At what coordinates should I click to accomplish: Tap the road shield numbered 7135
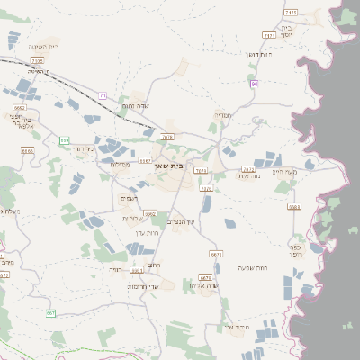(x=37, y=60)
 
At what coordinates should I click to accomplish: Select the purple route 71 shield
(x=103, y=95)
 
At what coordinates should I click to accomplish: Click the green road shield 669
(x=64, y=140)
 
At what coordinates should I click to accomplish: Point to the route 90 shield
(x=255, y=83)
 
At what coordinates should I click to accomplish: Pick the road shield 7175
(x=290, y=13)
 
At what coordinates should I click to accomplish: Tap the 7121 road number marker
(x=269, y=35)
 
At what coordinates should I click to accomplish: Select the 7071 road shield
(x=201, y=169)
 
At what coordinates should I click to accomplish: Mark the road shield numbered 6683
(x=294, y=206)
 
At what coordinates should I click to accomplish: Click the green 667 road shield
(x=50, y=312)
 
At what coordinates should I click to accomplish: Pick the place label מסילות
(x=120, y=165)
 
